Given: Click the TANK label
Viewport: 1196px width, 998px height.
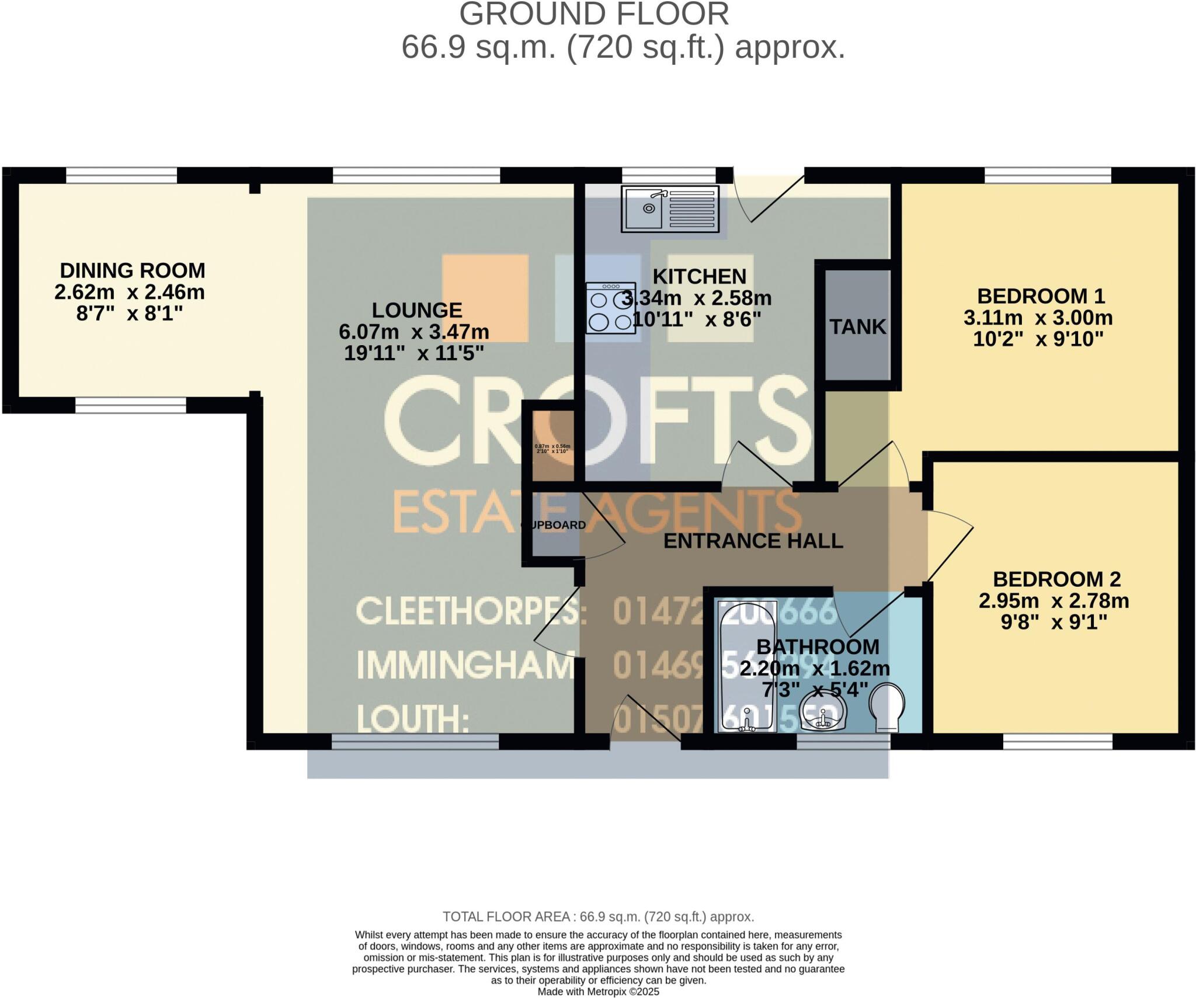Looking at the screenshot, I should [857, 327].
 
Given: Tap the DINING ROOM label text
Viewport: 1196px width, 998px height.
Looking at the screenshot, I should [133, 270].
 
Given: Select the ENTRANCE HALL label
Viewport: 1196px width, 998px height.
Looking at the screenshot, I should [753, 541].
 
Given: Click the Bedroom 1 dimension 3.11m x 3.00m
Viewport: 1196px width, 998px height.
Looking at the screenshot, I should [1038, 318].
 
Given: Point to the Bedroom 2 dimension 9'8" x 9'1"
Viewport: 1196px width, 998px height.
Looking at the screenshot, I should [1054, 623].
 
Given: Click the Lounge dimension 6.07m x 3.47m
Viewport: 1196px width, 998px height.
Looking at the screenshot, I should [413, 332].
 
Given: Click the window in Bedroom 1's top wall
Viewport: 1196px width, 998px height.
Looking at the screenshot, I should [1048, 175].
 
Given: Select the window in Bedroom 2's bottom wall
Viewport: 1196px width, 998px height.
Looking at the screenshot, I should [1058, 741].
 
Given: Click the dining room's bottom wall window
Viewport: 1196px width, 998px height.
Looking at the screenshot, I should [130, 405].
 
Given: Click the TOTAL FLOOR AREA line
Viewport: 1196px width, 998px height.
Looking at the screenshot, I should [598, 916].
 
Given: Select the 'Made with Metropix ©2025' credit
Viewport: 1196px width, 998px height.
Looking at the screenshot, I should [598, 992].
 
